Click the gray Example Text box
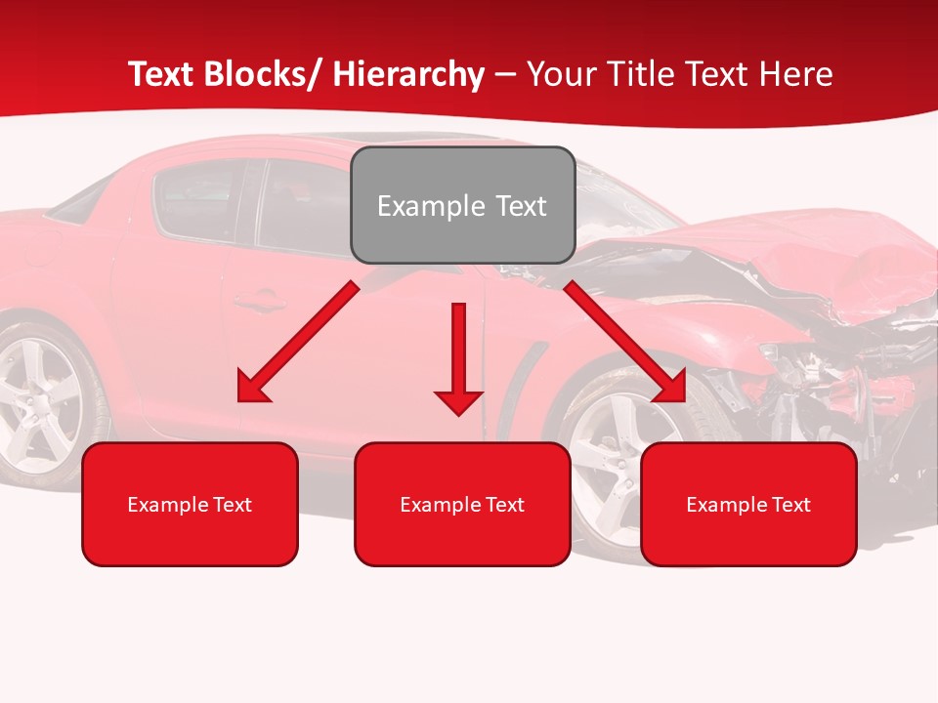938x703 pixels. pos(462,205)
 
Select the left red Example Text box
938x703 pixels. pos(190,504)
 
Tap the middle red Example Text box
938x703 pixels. pos(462,504)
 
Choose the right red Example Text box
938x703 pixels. pos(748,504)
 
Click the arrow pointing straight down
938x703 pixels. pos(458,361)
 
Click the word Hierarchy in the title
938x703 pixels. pos(408,74)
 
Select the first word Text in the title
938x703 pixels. pos(163,74)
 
